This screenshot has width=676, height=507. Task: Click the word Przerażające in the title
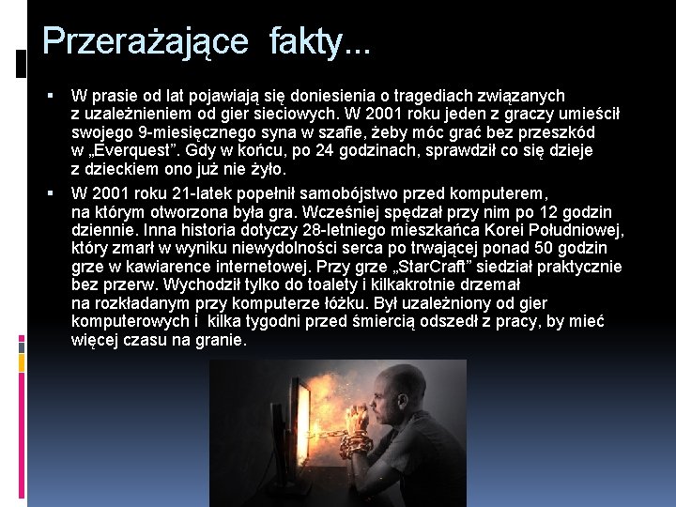click(x=146, y=40)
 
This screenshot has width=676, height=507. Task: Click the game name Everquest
click(x=136, y=151)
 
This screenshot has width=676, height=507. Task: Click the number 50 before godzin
click(x=517, y=247)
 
